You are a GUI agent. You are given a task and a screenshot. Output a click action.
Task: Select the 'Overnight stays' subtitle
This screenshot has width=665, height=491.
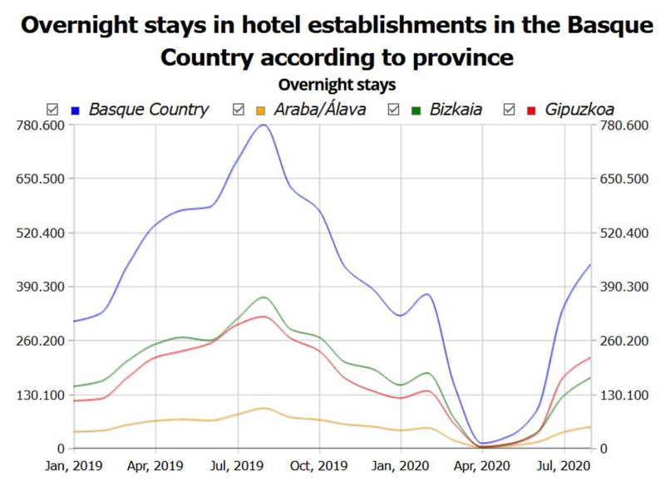coord(337,85)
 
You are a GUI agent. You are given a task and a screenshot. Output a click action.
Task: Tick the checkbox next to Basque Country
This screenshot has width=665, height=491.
coord(53,109)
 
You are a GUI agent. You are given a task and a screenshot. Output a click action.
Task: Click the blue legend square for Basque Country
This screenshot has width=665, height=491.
coord(75,109)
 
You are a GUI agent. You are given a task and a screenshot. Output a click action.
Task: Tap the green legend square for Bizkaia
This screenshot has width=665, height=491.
coord(415,109)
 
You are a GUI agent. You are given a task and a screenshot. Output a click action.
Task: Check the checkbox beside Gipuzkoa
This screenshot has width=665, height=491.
coord(510,109)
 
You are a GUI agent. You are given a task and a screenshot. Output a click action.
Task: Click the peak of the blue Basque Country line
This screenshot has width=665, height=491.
coord(264,125)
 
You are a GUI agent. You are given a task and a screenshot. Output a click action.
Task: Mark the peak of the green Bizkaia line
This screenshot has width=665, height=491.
coord(264,297)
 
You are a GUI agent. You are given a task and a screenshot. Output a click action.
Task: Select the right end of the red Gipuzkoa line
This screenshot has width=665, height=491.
coord(590,357)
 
